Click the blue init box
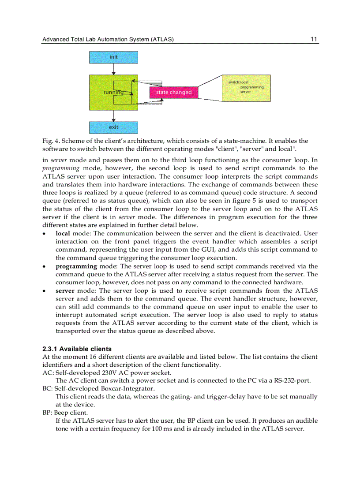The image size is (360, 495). point(113,57)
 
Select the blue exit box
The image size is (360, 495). point(113,127)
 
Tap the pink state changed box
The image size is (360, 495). point(174,92)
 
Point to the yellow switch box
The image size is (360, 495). point(246,88)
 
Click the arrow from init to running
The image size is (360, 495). point(113,69)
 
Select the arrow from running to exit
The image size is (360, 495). point(113,116)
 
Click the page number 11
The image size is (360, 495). point(314,39)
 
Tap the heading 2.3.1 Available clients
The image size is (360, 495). point(77,349)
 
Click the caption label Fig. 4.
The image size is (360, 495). point(50,141)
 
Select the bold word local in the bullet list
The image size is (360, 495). point(63,234)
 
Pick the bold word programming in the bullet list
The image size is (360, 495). point(76,266)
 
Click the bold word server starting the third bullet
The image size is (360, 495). point(65,291)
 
